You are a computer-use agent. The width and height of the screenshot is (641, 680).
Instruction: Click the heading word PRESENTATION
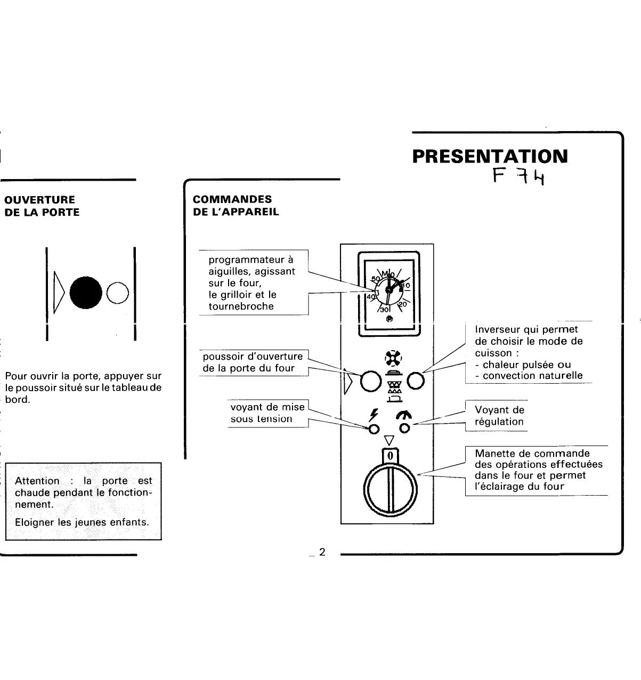490,156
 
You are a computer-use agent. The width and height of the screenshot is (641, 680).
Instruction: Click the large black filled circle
86,292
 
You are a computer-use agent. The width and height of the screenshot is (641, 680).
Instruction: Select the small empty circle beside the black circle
118,293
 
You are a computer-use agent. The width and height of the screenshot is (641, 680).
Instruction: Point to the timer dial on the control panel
389,291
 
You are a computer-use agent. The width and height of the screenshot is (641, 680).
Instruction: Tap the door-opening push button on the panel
370,381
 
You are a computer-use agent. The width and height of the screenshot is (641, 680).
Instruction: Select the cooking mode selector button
416,381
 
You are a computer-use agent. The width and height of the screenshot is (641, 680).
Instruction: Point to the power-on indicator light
374,428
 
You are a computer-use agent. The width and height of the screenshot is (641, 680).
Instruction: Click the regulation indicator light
405,428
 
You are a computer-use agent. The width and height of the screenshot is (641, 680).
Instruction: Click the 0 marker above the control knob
390,456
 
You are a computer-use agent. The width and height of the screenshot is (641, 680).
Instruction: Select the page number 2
321,552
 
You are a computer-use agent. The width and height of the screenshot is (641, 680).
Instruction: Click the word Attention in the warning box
37,481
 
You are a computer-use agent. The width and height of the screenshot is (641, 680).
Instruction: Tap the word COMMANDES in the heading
232,199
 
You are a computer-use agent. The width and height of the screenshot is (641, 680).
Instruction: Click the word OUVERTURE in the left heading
39,200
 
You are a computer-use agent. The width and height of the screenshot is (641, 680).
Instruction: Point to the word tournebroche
241,306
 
